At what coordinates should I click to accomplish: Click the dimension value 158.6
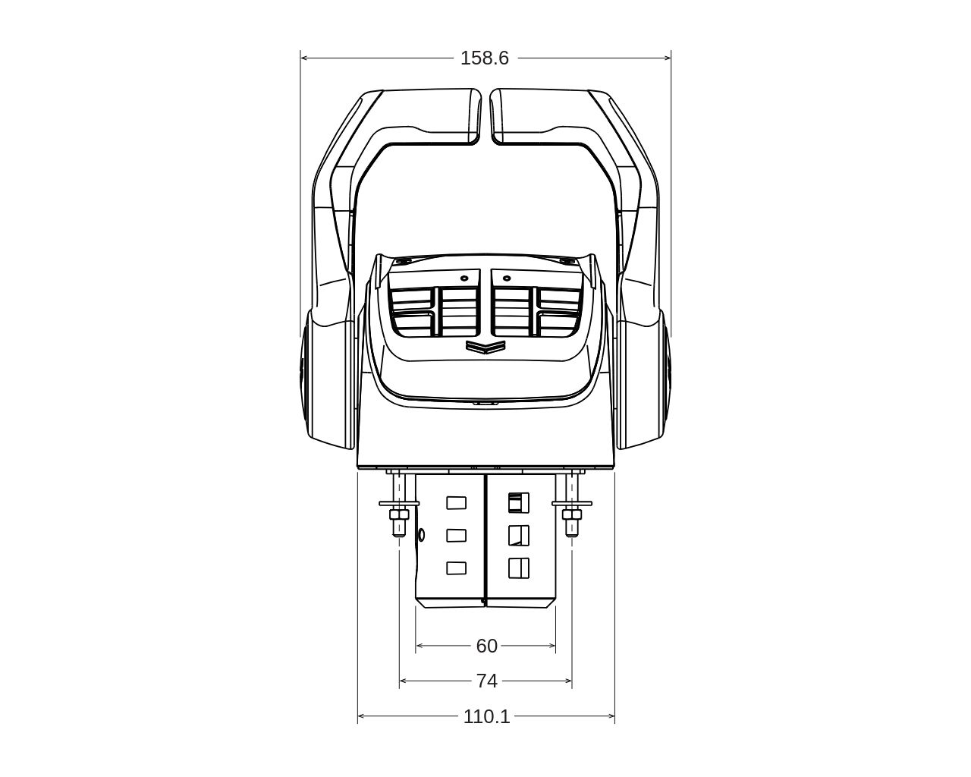click(484, 58)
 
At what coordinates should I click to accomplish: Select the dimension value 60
click(486, 646)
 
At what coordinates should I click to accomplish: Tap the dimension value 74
click(487, 681)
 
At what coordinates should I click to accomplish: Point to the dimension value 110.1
click(486, 716)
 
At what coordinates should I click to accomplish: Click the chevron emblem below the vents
click(485, 346)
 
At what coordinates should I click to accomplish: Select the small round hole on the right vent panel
click(506, 278)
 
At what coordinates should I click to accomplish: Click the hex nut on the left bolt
click(399, 514)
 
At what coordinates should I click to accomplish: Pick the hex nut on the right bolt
click(572, 514)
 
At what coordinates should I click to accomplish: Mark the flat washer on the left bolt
click(399, 503)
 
